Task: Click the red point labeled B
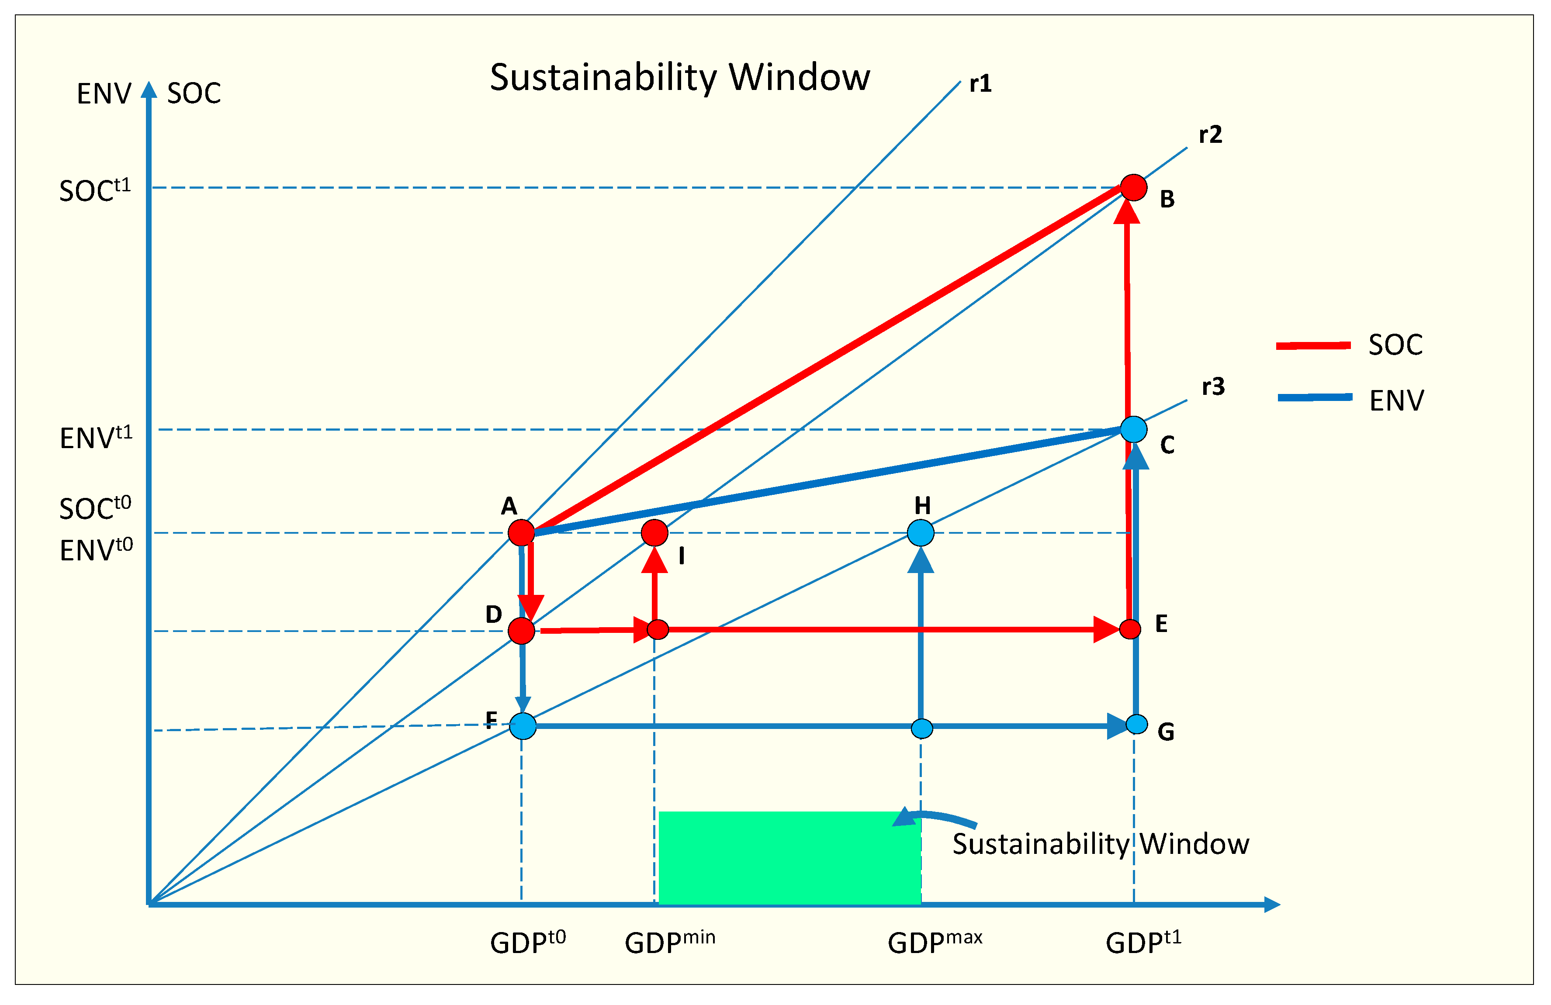[1133, 187]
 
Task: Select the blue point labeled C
[1133, 430]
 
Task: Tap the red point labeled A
[521, 533]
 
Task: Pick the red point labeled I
[654, 533]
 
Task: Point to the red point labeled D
[521, 631]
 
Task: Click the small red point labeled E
[1130, 629]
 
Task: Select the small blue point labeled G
[1136, 724]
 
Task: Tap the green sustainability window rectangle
[789, 857]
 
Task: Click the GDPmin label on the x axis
[669, 942]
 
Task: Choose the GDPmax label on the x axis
[935, 942]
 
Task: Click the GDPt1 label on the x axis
[1143, 942]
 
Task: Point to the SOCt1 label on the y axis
[95, 190]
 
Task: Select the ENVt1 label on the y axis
[96, 437]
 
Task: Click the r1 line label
[980, 83]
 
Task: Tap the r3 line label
[1213, 387]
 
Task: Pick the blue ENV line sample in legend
[1315, 397]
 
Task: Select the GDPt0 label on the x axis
[528, 942]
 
